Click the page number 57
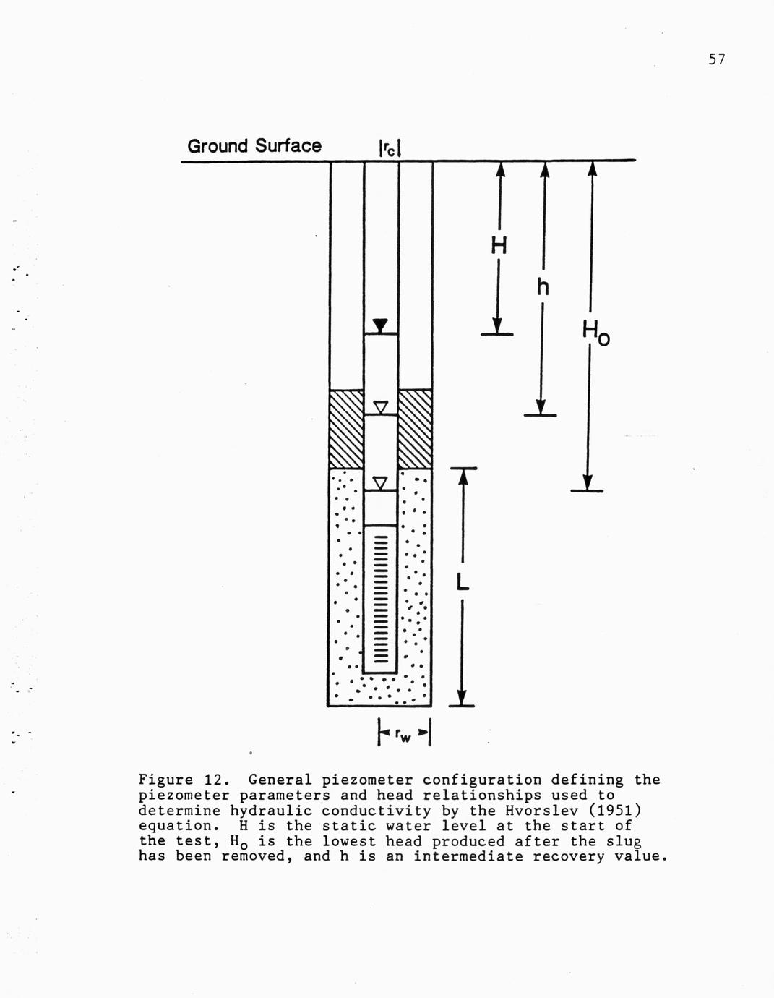[717, 60]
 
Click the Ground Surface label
[254, 146]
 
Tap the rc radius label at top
[390, 148]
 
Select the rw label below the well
[403, 736]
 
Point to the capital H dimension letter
[499, 246]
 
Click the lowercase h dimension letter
[543, 288]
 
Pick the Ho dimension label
[596, 333]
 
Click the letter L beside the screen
[463, 583]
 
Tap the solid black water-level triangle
[380, 325]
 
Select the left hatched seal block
[347, 430]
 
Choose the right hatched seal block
[416, 430]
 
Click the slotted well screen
[380, 600]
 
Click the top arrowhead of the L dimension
[463, 477]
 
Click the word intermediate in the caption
[468, 857]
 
